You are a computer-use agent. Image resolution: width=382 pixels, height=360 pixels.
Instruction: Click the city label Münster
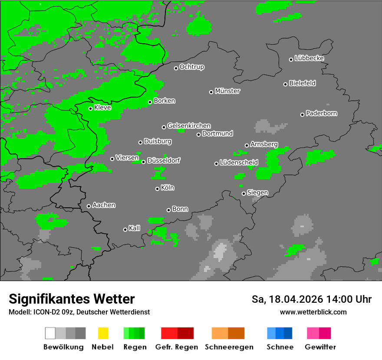point(227,91)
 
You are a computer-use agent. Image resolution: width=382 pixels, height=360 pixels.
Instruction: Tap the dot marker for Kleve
point(90,108)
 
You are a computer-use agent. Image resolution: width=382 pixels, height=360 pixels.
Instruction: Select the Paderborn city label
point(321,113)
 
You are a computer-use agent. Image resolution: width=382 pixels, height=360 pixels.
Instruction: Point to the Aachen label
point(104,205)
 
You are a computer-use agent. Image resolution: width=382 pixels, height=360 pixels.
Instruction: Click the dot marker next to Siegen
point(244,193)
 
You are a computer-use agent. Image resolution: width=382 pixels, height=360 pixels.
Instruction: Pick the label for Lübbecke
point(309,58)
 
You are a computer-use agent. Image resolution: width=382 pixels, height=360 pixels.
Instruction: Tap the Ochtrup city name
point(191,67)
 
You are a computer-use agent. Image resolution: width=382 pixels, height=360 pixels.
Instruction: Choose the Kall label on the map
point(134,228)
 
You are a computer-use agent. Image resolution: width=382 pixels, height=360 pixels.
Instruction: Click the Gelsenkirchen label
point(189,126)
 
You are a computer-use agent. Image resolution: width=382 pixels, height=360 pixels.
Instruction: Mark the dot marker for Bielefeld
point(286,84)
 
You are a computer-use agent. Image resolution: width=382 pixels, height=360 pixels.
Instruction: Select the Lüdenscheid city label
point(239,163)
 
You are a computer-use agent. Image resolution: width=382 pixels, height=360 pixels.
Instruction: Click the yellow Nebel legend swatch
point(103,333)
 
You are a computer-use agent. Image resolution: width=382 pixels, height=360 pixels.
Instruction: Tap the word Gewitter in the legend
point(320,347)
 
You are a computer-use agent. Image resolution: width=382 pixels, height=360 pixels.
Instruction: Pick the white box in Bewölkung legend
point(50,333)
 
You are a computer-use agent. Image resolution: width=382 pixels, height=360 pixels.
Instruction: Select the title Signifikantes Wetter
point(72,299)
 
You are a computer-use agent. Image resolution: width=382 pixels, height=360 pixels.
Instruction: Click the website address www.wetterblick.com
point(313,312)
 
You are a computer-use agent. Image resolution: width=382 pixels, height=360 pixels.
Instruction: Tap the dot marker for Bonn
point(168,210)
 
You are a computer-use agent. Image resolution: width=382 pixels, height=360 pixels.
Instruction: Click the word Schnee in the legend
point(280,347)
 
